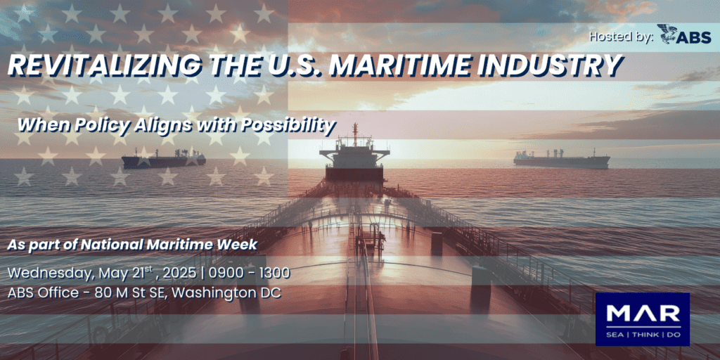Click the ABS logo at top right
[683, 35]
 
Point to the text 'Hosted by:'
[621, 37]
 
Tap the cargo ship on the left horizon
[163, 159]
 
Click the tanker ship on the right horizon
[562, 159]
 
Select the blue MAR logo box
[643, 319]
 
